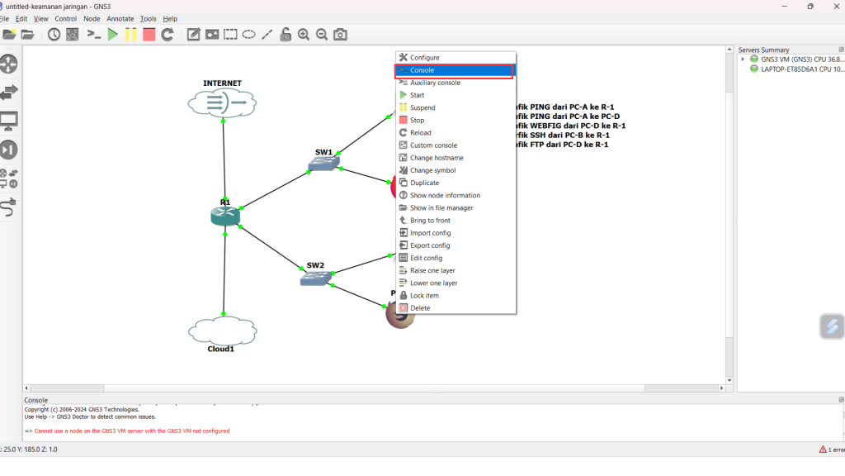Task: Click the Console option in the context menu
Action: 454,70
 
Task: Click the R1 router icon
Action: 224,216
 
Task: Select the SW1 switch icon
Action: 323,164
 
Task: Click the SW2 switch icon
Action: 315,278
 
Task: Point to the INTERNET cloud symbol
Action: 223,103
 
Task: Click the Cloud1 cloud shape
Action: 221,331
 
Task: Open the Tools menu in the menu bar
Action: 149,18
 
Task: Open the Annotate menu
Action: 120,18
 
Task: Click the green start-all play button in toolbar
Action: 113,35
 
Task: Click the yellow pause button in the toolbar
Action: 130,35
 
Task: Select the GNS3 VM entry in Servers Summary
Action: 801,59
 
